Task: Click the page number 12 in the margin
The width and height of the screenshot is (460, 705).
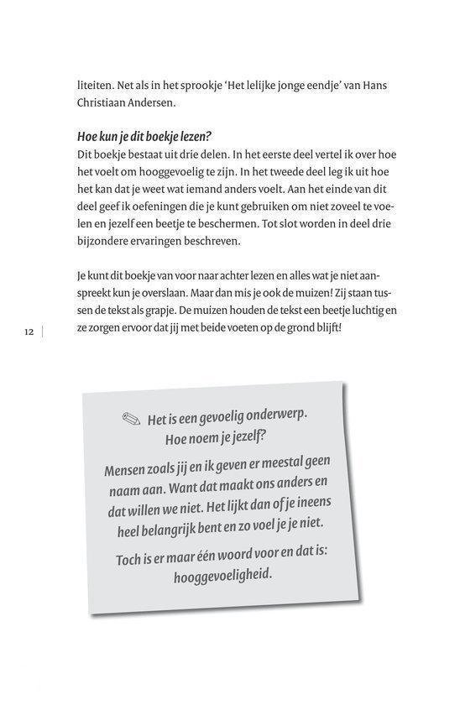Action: (29, 332)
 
